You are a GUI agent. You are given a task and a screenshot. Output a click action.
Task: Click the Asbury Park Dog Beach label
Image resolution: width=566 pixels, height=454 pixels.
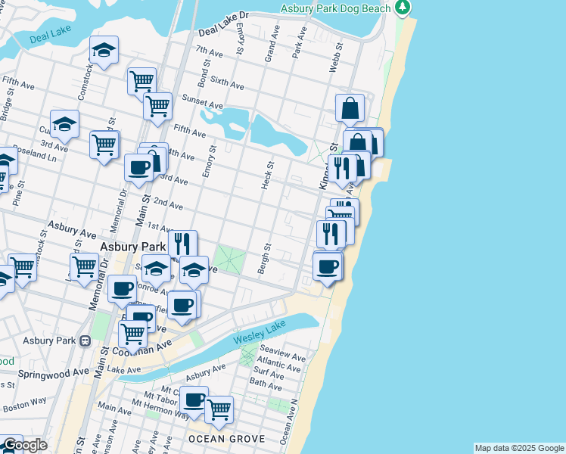[335, 8]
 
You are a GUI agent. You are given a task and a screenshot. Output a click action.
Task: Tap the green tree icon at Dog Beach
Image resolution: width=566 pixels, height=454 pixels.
[404, 8]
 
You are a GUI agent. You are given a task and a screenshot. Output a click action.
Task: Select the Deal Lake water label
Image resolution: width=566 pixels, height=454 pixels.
[48, 37]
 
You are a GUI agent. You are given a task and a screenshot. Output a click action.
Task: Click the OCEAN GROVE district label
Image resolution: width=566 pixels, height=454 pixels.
[226, 439]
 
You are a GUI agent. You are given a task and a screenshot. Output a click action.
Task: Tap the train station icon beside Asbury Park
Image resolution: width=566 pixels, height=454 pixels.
[86, 340]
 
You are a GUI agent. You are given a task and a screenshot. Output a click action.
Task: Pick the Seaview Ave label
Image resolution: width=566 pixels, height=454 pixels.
[282, 356]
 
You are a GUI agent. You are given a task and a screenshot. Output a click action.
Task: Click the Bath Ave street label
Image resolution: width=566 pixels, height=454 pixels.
[265, 384]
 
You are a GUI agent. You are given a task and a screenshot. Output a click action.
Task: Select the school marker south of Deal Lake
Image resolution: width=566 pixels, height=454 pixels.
[104, 51]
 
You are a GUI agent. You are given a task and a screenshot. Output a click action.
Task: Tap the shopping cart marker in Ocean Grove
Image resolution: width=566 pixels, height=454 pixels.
[219, 410]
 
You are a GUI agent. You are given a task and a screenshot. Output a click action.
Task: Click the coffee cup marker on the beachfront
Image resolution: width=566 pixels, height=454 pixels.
[327, 266]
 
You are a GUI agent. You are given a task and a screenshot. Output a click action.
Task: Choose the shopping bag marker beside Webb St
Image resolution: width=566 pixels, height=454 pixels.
[350, 108]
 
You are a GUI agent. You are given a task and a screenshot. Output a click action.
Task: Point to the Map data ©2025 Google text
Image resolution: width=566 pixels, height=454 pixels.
[519, 448]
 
